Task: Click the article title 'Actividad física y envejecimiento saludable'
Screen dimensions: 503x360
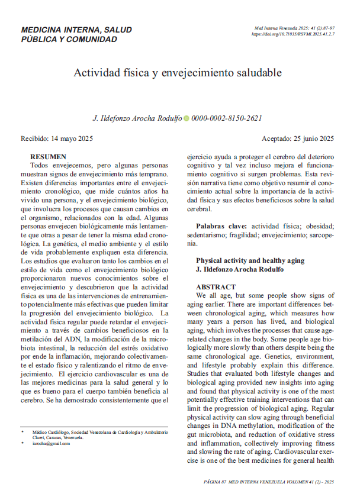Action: [x=178, y=73]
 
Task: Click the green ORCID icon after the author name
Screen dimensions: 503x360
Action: [x=187, y=118]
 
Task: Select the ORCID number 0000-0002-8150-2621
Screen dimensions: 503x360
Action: [x=227, y=118]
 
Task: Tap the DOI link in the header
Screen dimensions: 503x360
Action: [x=294, y=35]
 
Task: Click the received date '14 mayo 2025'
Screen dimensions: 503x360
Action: [x=75, y=139]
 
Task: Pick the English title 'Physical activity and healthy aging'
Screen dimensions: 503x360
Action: [x=250, y=260]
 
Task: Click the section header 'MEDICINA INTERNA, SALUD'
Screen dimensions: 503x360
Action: [x=76, y=30]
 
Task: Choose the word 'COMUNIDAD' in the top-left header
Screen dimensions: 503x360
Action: [x=93, y=39]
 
